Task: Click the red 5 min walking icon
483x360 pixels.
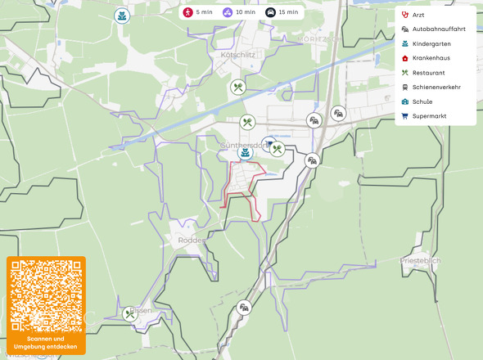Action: [x=187, y=12]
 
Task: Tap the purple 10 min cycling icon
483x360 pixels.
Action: [x=227, y=12]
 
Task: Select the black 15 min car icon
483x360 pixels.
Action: [x=270, y=12]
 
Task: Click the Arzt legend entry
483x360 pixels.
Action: [x=418, y=15]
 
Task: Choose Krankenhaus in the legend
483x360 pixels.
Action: [x=431, y=58]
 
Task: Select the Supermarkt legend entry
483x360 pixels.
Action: [x=429, y=116]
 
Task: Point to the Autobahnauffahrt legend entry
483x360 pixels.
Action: [x=437, y=29]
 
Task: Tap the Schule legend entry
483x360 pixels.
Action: [x=422, y=101]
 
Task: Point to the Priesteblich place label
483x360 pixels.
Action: [x=421, y=260]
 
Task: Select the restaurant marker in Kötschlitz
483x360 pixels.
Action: [x=237, y=86]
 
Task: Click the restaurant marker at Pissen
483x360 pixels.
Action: [x=129, y=313]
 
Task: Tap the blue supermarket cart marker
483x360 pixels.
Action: [x=269, y=143]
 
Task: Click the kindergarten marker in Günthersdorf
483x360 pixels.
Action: [x=244, y=152]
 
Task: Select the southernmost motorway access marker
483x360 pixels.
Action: [x=243, y=308]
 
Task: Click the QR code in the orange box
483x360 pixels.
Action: [x=46, y=295]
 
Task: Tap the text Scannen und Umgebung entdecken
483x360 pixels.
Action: [x=46, y=343]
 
